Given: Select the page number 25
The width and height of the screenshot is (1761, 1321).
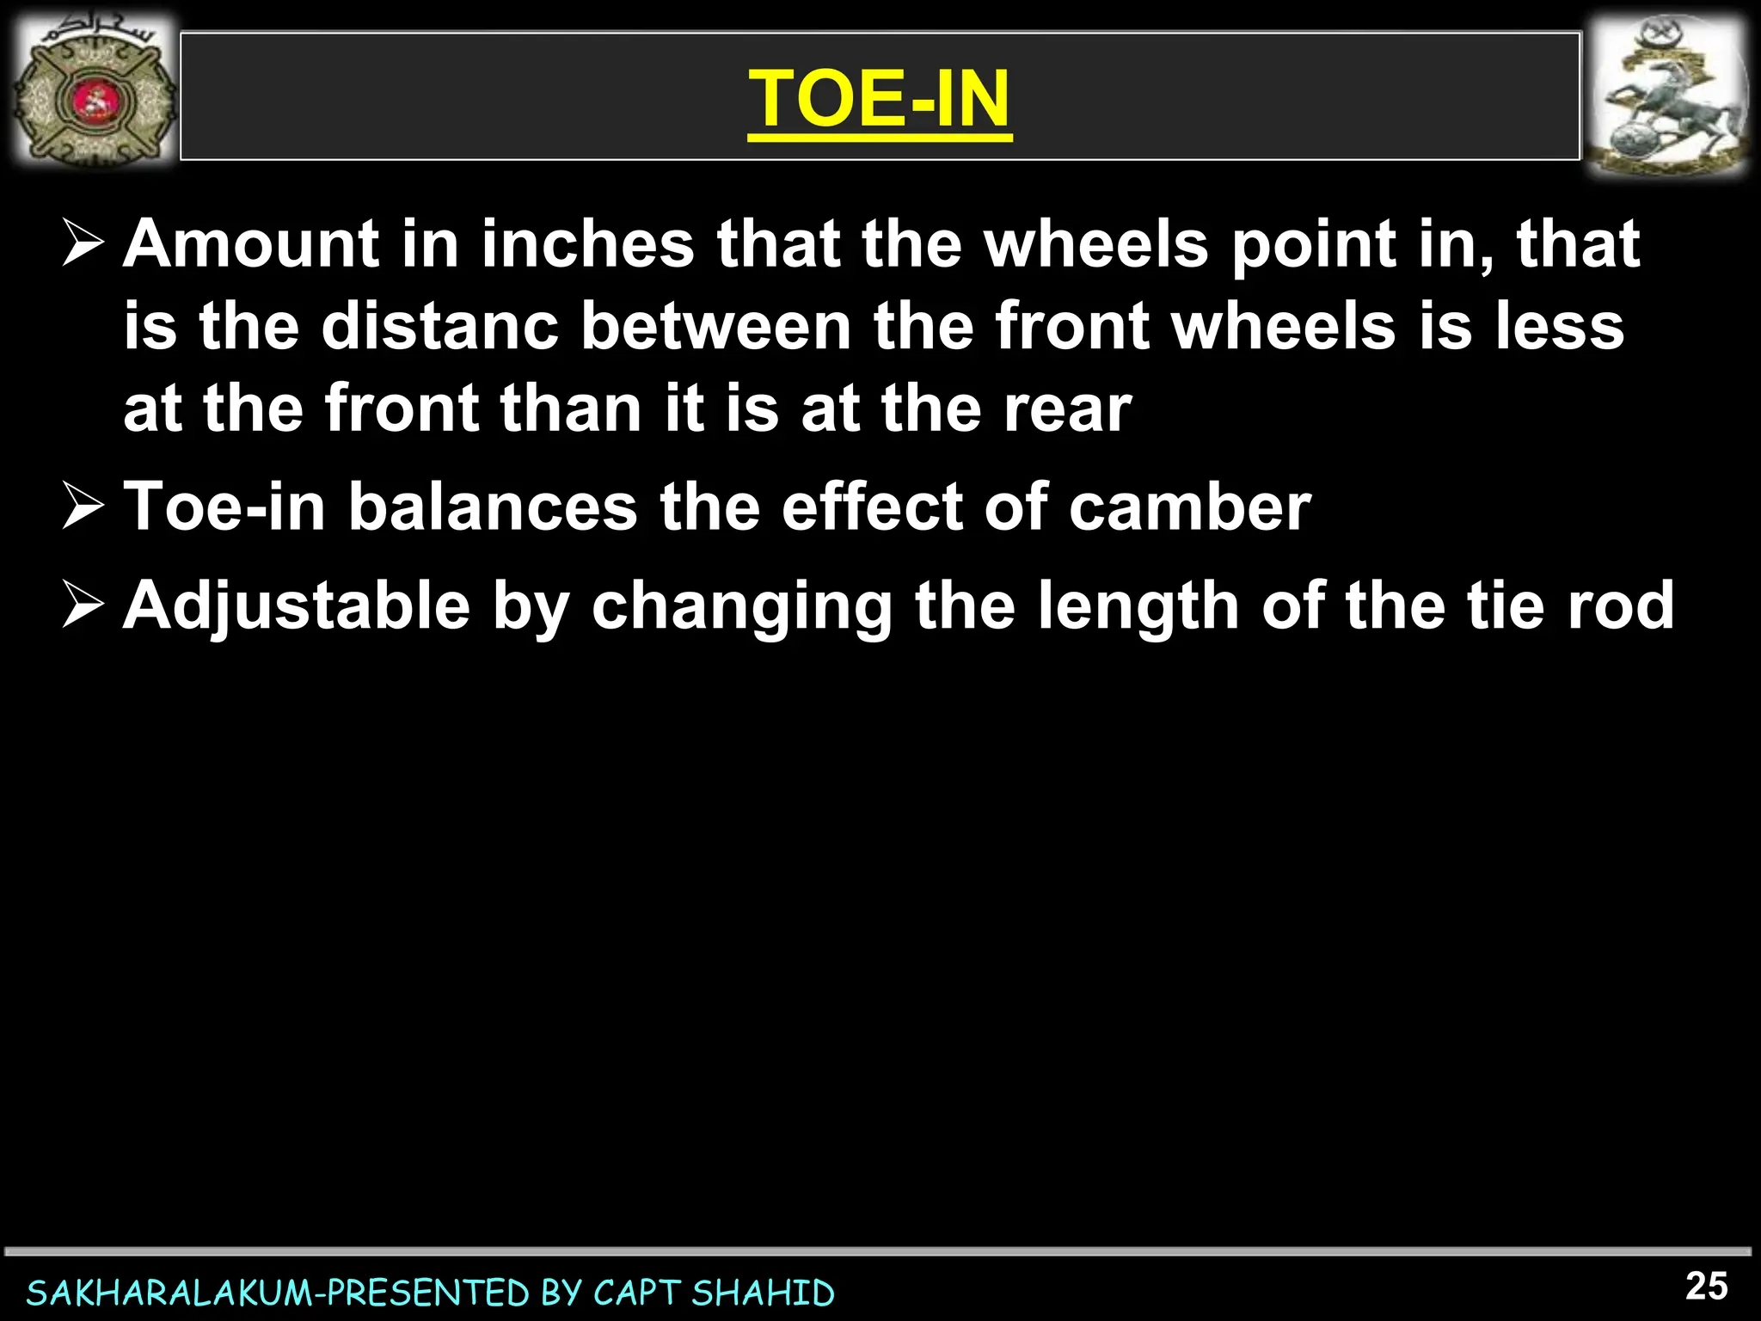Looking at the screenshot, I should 1706,1287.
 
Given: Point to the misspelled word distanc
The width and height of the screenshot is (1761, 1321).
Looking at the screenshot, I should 439,327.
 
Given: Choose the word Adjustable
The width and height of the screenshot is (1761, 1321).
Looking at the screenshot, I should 297,607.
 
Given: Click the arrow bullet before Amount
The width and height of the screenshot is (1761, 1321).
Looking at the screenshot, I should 83,245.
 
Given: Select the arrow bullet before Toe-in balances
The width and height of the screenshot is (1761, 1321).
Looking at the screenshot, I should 83,507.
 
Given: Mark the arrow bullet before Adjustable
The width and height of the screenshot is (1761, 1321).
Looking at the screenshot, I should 83,606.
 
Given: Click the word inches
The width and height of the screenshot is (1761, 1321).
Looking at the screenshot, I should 587,244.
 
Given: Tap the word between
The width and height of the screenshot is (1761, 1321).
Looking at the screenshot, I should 715,327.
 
